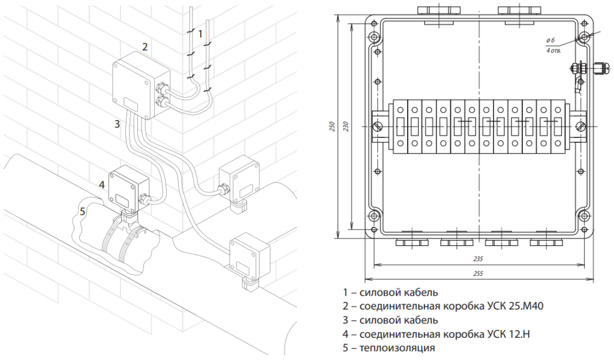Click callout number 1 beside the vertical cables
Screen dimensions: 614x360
pyautogui.click(x=200, y=34)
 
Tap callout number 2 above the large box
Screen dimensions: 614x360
pyautogui.click(x=145, y=47)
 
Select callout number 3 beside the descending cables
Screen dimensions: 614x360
pyautogui.click(x=117, y=124)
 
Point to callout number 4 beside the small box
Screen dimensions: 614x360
pyautogui.click(x=102, y=185)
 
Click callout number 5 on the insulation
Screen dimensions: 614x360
pyautogui.click(x=82, y=212)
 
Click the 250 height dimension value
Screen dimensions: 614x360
pyautogui.click(x=332, y=126)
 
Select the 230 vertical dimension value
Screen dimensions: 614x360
pyautogui.click(x=345, y=126)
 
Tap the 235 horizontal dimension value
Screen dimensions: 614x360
pyautogui.click(x=478, y=259)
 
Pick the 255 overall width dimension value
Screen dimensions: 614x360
pyautogui.click(x=478, y=274)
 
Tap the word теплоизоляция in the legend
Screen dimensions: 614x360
pyautogui.click(x=397, y=348)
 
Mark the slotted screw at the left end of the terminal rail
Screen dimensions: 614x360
pyautogui.click(x=378, y=127)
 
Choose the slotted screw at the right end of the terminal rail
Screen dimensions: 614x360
pyautogui.click(x=581, y=127)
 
